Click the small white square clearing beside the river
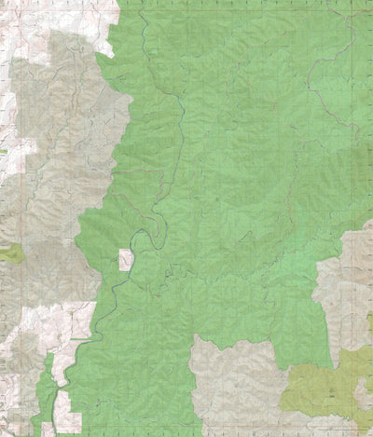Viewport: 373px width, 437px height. (125, 260)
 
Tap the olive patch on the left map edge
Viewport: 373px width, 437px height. (10, 253)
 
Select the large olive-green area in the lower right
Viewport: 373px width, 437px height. (322, 387)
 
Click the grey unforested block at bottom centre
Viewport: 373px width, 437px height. (233, 382)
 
